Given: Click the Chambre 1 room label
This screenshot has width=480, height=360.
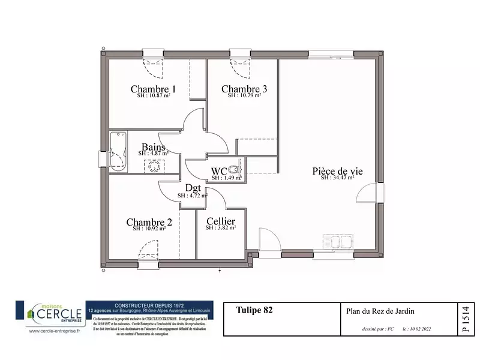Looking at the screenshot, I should point(153,89).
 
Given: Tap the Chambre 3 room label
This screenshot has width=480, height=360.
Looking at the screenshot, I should point(244,89).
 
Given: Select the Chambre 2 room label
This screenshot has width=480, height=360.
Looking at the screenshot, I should point(149,223).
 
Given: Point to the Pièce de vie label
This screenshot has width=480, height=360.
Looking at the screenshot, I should point(337,171).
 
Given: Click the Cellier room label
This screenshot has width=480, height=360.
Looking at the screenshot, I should point(220,221).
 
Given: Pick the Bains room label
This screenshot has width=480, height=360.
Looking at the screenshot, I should point(154,147).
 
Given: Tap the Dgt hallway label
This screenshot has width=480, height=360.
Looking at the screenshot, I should point(193,188).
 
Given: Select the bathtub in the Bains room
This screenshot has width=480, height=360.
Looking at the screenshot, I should point(117,151).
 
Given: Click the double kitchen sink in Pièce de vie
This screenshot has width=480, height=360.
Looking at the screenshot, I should point(337,241).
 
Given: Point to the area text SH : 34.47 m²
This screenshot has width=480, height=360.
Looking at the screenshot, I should point(337,178).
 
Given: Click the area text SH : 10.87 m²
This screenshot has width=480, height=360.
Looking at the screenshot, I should point(153,95).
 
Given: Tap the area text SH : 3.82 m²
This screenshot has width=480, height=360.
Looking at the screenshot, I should point(220,228).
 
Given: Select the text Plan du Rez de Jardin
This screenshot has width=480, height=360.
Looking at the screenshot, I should point(380,311).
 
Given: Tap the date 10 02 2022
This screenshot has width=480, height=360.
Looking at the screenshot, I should point(417,329).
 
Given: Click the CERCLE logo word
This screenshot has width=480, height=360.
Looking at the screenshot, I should point(60,313).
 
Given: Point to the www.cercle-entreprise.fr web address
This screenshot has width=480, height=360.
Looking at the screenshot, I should point(52,330).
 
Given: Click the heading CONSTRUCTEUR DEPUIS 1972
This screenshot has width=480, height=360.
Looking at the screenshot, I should point(149,304).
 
